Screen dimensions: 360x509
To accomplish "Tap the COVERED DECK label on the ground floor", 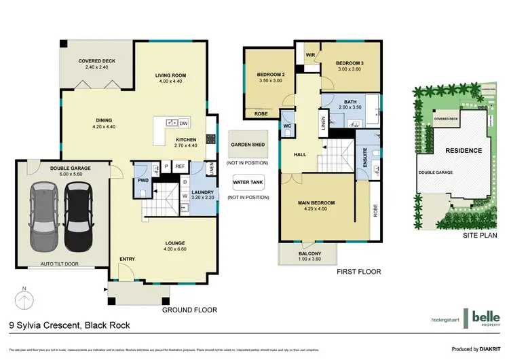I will pos(97,61).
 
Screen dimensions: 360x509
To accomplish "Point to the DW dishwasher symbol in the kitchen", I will pos(183,123).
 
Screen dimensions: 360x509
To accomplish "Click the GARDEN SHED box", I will pos(248,145).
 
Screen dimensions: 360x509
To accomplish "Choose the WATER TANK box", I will pos(248,182).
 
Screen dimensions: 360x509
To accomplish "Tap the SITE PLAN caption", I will pos(479,235).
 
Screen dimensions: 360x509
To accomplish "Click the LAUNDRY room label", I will pos(203,192).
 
